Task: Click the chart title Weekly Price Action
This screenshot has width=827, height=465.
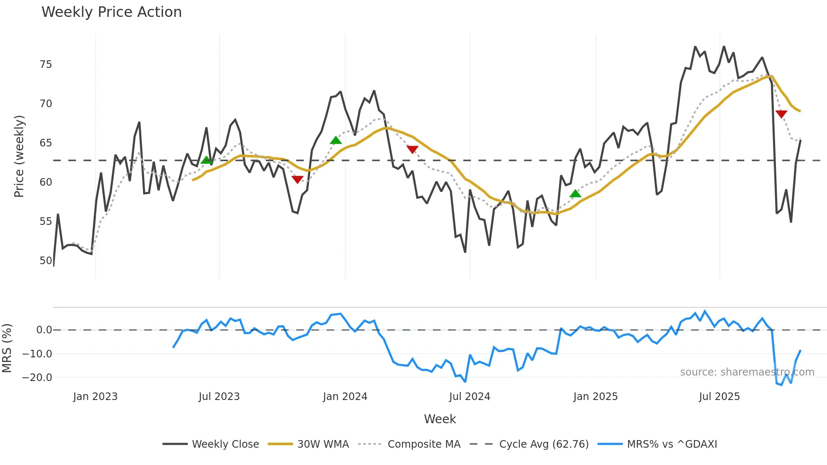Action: tap(111, 12)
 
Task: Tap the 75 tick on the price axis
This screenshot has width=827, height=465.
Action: tap(46, 65)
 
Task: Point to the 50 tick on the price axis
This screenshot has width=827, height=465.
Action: tap(46, 261)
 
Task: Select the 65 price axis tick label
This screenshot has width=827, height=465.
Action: tap(46, 143)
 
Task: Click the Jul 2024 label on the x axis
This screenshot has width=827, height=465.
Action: tap(469, 397)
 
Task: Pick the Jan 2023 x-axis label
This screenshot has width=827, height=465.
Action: tap(95, 397)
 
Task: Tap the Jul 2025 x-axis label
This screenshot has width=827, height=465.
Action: tap(719, 397)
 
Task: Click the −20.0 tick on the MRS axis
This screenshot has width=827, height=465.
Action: tap(37, 378)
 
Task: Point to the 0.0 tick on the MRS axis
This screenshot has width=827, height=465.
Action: tap(44, 330)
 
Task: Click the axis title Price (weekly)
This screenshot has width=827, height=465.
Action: tap(19, 156)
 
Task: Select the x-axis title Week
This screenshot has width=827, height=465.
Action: tap(440, 419)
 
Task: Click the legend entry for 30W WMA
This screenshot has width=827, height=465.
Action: tap(323, 444)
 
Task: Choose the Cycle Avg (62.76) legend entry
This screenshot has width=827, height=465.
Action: tap(543, 444)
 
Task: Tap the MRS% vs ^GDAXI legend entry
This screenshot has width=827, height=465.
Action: tap(672, 444)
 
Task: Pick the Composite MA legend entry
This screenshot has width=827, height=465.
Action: tap(424, 444)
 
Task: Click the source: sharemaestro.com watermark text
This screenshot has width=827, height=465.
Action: tap(747, 372)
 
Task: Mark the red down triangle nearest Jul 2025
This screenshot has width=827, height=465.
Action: tap(781, 114)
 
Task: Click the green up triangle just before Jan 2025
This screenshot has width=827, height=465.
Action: tap(575, 194)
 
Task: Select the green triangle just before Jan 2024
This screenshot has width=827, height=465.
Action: tap(335, 140)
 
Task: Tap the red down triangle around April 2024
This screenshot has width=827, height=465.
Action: tap(412, 149)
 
